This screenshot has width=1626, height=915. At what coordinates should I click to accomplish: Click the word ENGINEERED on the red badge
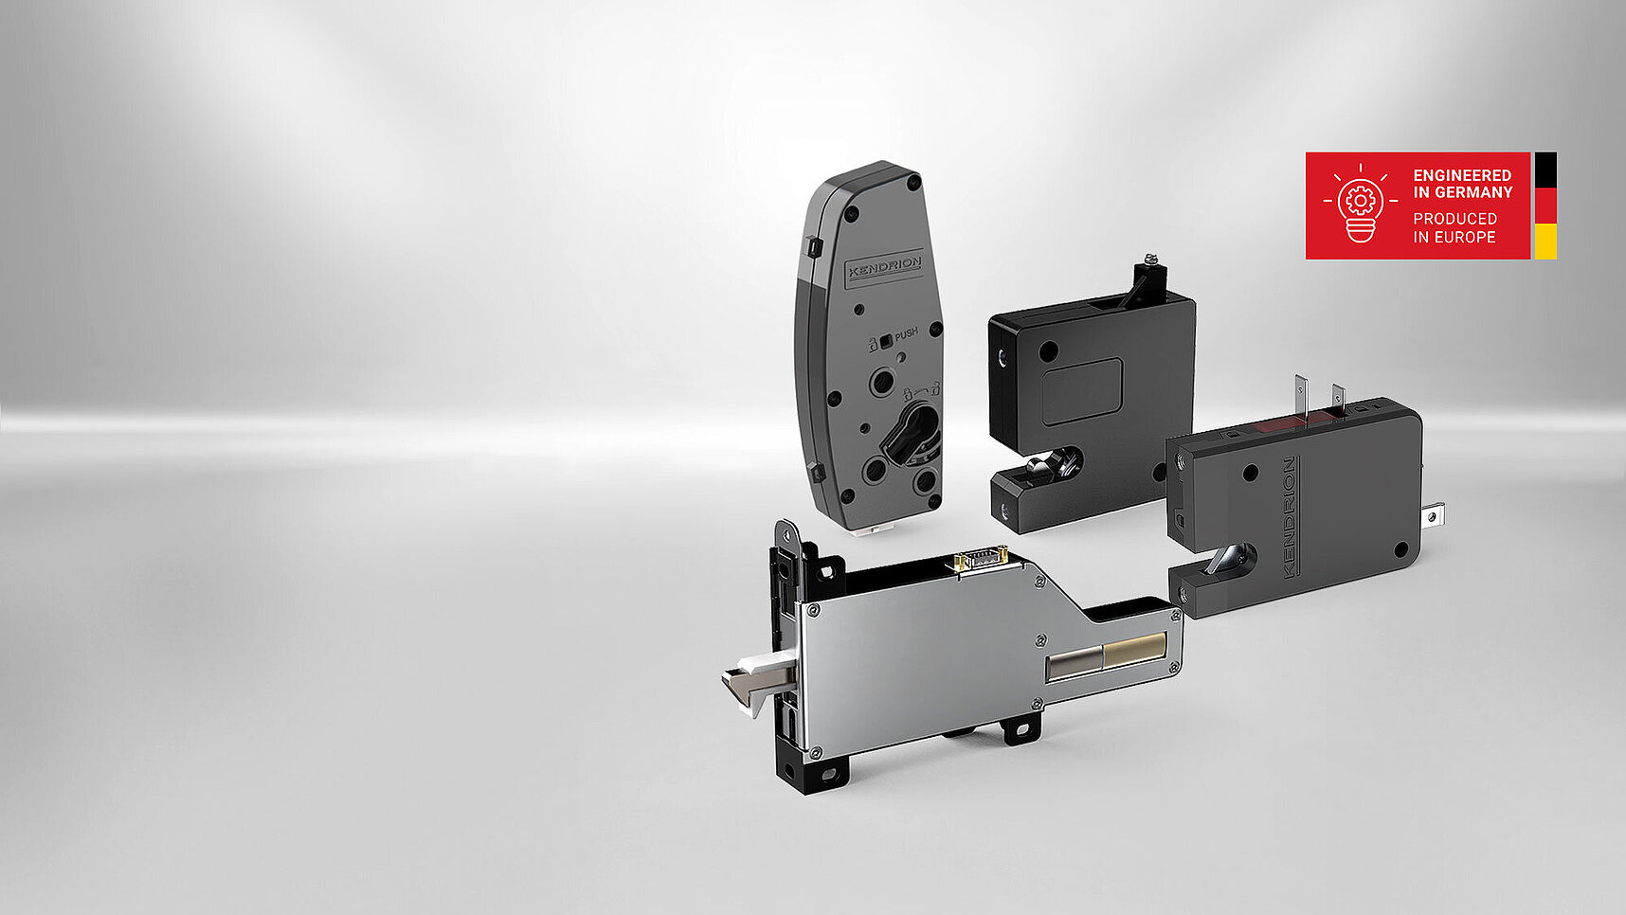tap(1462, 175)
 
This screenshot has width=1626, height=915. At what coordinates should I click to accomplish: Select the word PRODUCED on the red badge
tap(1454, 219)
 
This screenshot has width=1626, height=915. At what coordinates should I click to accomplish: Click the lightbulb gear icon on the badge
tap(1360, 203)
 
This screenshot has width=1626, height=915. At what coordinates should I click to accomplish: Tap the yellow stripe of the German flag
tap(1545, 242)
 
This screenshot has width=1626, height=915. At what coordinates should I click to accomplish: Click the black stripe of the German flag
tap(1545, 170)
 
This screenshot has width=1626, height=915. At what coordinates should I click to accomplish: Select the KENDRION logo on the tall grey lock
tap(883, 268)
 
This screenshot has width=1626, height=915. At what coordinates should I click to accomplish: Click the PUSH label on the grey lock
tap(906, 334)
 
